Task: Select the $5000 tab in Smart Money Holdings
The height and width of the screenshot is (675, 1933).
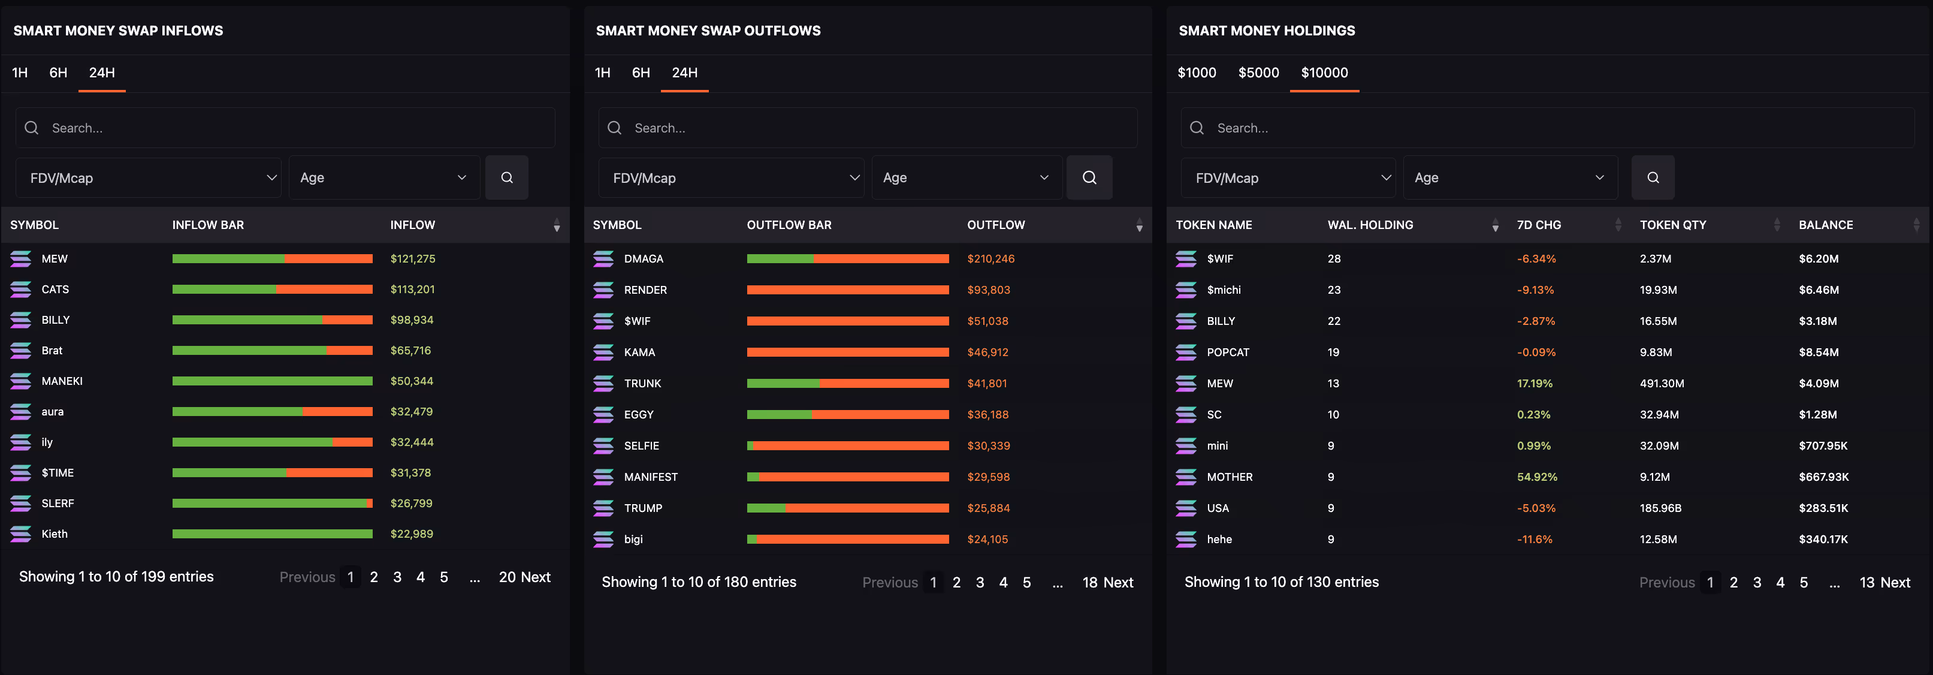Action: click(x=1258, y=73)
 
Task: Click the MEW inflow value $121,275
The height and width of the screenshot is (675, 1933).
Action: click(x=413, y=258)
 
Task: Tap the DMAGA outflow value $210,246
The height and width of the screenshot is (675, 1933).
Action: click(x=990, y=258)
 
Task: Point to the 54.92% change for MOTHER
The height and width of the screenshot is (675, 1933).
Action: click(x=1537, y=477)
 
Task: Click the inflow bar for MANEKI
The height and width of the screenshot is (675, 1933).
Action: click(x=273, y=381)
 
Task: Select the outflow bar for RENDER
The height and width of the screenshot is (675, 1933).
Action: click(x=848, y=290)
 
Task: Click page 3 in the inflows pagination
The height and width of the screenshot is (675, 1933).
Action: click(x=397, y=577)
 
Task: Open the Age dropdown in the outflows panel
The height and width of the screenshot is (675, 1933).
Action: click(x=966, y=178)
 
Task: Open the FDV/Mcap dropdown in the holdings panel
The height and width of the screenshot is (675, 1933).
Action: click(x=1288, y=178)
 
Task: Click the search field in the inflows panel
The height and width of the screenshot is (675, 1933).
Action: click(x=285, y=128)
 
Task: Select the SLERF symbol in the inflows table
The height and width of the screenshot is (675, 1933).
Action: click(x=58, y=503)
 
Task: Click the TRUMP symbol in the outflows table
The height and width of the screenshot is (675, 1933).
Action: click(x=643, y=508)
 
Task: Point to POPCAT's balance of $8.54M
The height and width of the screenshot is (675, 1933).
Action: click(x=1818, y=352)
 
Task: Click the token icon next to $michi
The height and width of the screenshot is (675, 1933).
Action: click(x=1186, y=290)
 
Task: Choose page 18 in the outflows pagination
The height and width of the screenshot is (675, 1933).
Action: click(x=1089, y=583)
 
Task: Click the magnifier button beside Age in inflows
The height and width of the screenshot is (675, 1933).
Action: click(x=508, y=178)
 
